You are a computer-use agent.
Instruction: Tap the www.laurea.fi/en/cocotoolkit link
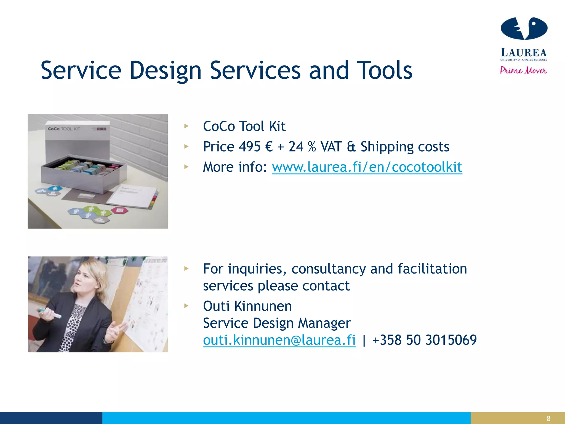(x=367, y=167)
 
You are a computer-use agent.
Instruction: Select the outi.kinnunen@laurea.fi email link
(x=279, y=340)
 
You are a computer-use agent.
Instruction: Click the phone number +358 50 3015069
(x=424, y=340)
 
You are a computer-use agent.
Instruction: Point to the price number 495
(x=249, y=147)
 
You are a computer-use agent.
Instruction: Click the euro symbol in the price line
(x=269, y=147)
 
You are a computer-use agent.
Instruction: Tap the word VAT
(x=331, y=147)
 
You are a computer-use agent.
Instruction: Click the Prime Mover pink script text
(x=523, y=70)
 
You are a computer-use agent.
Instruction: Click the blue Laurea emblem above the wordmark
(x=524, y=28)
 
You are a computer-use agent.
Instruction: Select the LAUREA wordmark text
(x=523, y=52)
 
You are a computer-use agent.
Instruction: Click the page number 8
(x=548, y=418)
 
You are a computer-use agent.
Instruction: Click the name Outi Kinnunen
(x=247, y=306)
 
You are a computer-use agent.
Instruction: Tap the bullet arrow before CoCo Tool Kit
(x=186, y=126)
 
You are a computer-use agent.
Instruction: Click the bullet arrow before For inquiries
(x=186, y=268)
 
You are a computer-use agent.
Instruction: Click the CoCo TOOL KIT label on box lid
(x=64, y=129)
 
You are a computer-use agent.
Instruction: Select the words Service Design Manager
(x=277, y=323)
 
